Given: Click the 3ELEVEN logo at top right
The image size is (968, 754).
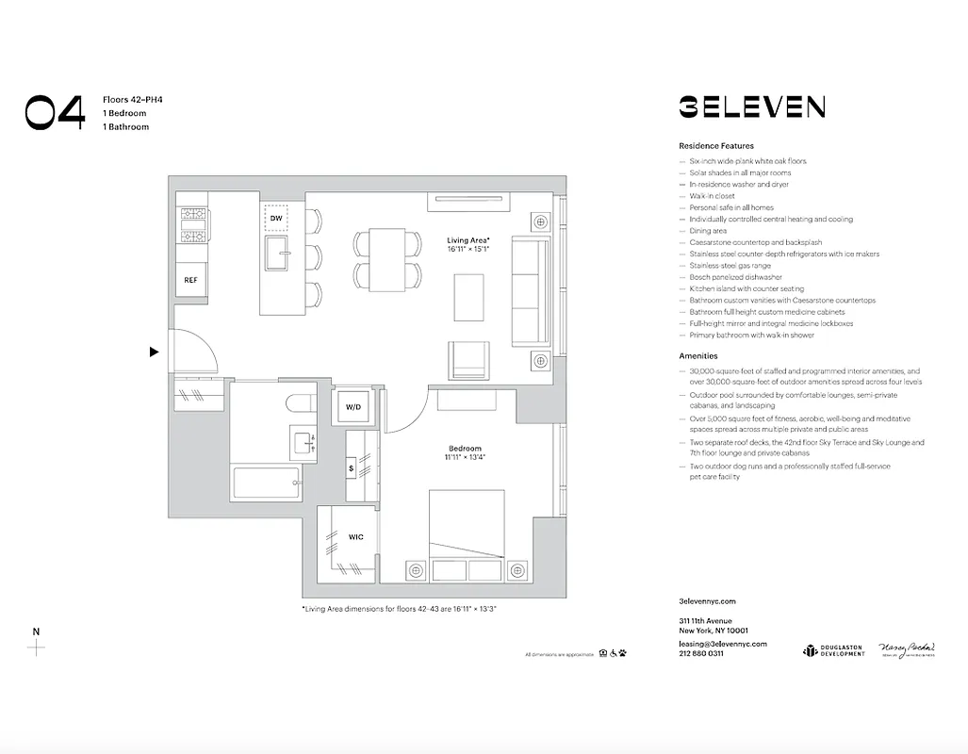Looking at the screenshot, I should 751,107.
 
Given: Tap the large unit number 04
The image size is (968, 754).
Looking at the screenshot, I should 55,112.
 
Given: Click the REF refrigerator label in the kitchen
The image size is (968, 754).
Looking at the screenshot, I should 190,280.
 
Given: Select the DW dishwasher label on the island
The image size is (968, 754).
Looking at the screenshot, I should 276,219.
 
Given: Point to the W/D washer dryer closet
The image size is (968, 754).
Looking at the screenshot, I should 353,407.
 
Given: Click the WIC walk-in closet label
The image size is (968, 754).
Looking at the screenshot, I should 355,537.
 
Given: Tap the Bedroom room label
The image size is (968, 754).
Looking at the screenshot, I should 465,449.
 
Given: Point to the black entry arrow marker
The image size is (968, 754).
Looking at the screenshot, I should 154,352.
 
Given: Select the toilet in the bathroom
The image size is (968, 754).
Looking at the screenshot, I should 301,404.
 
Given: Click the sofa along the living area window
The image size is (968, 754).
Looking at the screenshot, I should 530,292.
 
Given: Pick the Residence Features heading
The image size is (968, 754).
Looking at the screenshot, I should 715,146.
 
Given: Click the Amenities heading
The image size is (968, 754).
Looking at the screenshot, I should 697,356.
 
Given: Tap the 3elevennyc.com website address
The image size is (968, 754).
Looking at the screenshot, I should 706,601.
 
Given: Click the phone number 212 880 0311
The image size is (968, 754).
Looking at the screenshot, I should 701,653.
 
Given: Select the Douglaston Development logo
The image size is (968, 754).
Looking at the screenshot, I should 833,650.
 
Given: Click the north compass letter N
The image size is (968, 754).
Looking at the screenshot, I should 36,631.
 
